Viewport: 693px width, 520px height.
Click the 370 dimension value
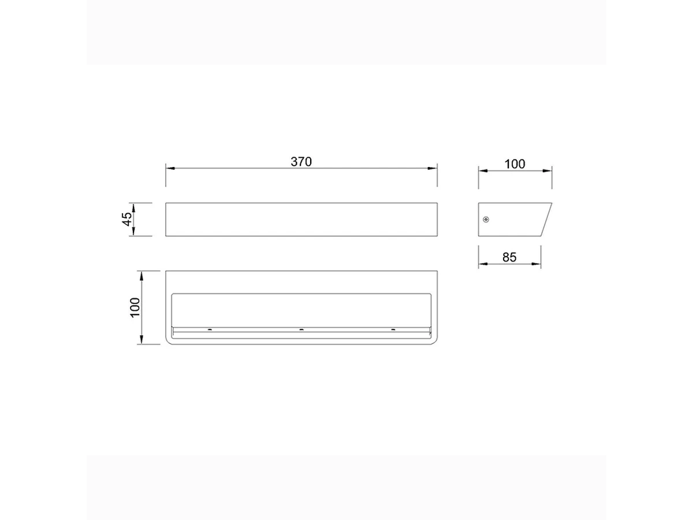[301, 162]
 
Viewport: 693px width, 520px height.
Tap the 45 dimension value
[127, 219]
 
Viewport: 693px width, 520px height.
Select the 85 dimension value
[509, 257]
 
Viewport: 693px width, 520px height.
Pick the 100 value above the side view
[515, 164]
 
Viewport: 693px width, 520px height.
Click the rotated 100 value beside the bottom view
[135, 307]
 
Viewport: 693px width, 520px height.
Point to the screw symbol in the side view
[486, 220]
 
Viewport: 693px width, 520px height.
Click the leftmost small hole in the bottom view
[210, 329]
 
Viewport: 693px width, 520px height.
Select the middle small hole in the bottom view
[301, 329]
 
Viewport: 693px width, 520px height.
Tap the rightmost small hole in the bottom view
[393, 329]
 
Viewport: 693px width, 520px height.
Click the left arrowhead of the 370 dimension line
[170, 168]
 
